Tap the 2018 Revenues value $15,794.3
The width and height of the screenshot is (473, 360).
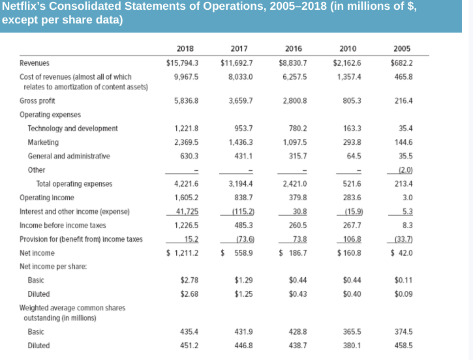183,63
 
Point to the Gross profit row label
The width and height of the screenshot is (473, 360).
38,101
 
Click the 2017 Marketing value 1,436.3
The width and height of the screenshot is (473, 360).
240,142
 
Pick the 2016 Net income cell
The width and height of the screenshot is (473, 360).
294,253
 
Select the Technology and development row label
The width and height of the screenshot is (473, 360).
72,128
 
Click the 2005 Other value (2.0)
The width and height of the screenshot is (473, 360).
404,170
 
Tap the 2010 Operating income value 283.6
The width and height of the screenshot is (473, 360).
350,198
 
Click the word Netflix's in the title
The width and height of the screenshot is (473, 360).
25,7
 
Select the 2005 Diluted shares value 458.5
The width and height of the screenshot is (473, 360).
403,346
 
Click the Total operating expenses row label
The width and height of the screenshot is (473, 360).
74,184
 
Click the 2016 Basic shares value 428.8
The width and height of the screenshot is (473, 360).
296,332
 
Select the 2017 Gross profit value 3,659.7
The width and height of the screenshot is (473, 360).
241,101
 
